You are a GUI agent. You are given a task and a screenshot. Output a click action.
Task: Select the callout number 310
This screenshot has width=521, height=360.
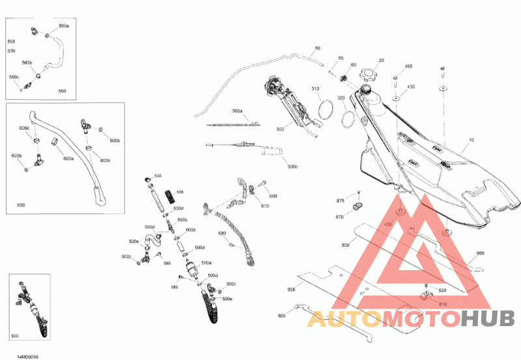(315, 89)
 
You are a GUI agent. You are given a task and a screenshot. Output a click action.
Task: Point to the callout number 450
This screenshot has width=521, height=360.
(408, 66)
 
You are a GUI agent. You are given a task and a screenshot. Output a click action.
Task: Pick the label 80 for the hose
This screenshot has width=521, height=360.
(317, 48)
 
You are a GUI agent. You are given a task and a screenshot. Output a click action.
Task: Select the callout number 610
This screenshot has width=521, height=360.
(265, 206)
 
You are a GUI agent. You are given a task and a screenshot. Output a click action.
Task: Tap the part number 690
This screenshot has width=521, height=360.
(273, 196)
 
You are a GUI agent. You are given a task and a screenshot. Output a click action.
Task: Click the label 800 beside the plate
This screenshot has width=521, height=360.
(345, 245)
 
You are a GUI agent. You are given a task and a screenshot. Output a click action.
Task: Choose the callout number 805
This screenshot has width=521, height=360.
(291, 289)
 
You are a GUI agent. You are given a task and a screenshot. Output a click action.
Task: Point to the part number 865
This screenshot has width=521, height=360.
(281, 316)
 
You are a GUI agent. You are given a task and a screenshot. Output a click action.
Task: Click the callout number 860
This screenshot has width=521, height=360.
(481, 253)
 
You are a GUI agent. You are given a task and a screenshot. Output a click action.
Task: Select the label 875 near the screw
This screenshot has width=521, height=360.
(340, 201)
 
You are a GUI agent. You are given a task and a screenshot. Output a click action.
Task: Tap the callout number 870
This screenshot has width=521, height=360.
(339, 217)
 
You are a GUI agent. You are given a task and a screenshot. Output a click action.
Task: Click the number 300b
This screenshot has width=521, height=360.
(292, 167)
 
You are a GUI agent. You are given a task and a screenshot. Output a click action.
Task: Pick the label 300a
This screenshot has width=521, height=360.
(237, 111)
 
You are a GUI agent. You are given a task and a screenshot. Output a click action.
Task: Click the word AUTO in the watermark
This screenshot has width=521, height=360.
(343, 320)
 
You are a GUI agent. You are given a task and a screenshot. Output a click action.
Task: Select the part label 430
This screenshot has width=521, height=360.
(411, 87)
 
